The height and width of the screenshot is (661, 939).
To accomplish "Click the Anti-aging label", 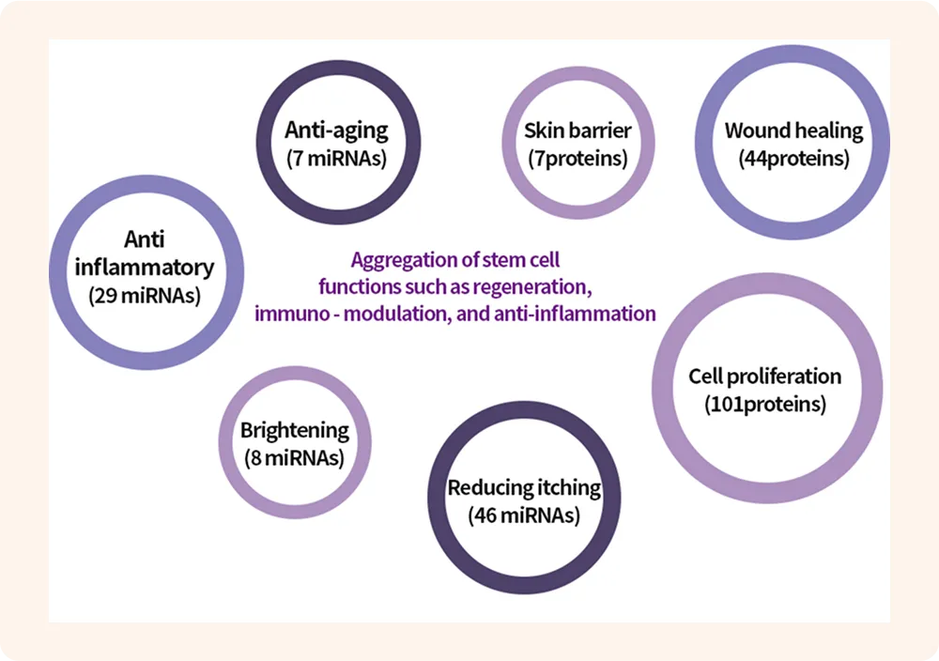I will pos(336,130).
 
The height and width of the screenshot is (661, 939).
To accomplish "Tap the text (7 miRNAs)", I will pos(336,158).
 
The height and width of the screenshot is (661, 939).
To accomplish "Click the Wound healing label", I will pos(793,130).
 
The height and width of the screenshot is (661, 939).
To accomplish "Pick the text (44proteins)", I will pos(793,158).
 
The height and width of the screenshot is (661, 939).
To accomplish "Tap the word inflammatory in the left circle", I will pos(145,267).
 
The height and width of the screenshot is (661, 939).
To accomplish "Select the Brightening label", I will pos(295,431).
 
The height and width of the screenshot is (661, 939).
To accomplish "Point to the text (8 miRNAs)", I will pos(295,458).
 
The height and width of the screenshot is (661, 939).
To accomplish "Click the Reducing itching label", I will pos(524,487).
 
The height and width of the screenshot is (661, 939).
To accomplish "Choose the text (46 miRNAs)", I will pos(524,515).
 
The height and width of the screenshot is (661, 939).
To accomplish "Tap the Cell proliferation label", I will pos(765,377).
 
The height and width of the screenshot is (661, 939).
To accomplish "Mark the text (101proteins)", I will pos(765,405).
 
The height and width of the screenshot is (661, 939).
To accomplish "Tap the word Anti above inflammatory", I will pos(145,238).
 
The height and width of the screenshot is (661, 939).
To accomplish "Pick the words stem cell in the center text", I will pos(519,258).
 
